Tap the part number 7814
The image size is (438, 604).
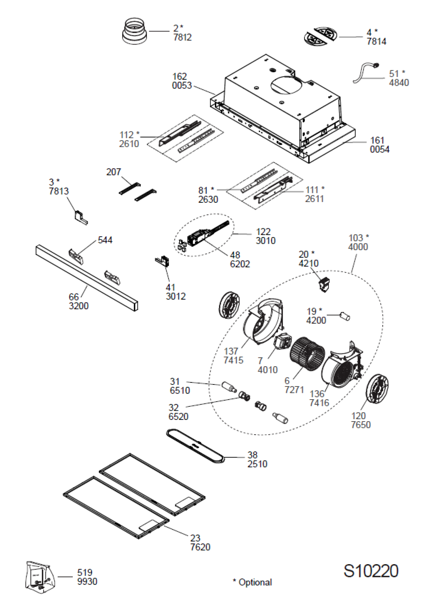[376, 41]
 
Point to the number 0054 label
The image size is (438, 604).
[379, 149]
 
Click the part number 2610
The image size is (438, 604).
[129, 144]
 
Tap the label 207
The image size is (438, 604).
[113, 172]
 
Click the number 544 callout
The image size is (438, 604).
[105, 240]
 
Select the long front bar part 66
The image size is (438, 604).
[87, 278]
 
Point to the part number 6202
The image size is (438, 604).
[240, 264]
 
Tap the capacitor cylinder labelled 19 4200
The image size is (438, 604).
[345, 316]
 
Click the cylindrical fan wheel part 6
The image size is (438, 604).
[307, 353]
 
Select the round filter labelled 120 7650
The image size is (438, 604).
[377, 388]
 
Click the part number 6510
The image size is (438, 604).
[180, 390]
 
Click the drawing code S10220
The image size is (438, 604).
[371, 571]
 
